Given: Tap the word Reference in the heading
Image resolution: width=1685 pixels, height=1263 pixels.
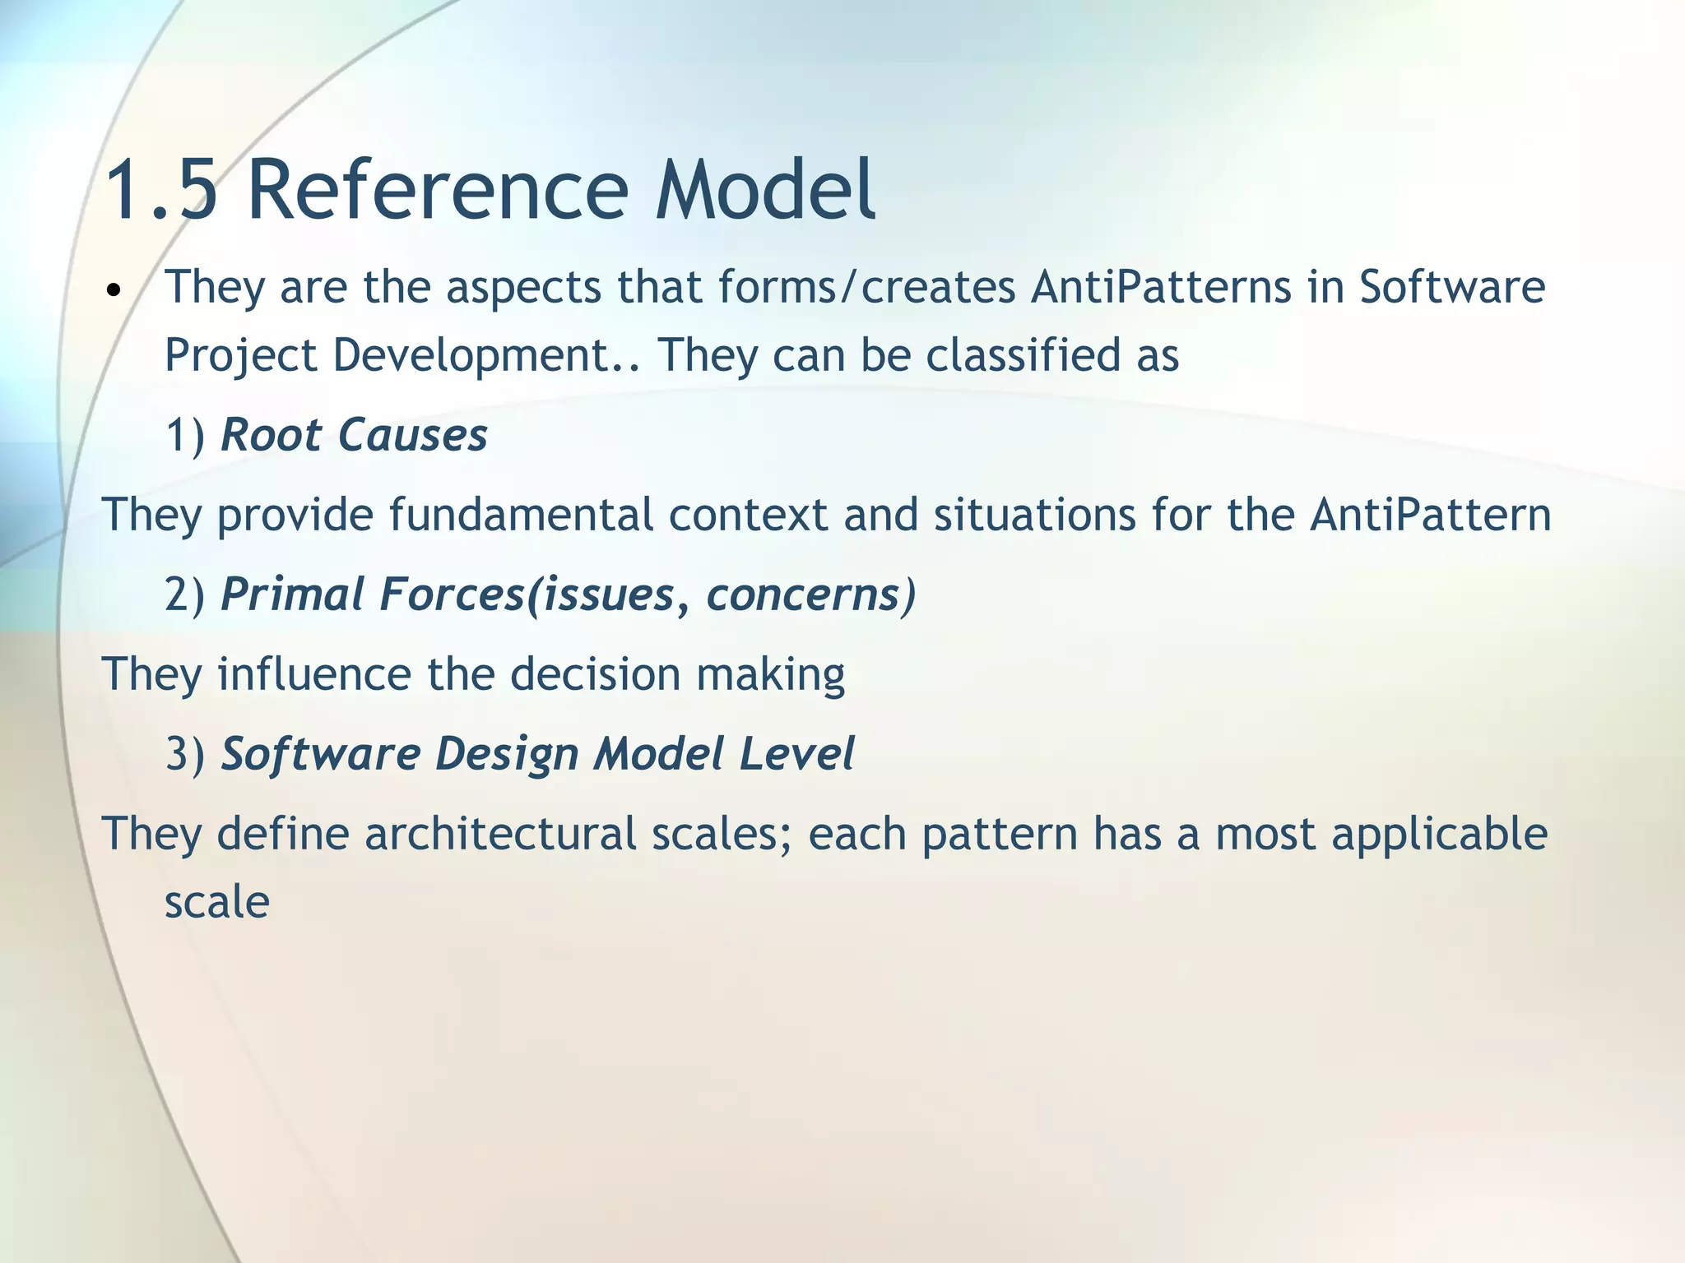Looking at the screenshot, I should pos(437,191).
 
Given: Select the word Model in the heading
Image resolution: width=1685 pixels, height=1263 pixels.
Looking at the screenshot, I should pos(765,191).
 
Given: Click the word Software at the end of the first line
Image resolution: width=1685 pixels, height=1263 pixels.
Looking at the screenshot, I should pos(1451,288).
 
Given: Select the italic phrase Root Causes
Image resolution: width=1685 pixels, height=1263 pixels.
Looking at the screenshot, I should pos(355,435).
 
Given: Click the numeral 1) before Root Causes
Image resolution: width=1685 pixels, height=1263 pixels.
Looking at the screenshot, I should pos(185,435).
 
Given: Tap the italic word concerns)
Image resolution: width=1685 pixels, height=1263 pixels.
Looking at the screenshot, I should pos(811,594).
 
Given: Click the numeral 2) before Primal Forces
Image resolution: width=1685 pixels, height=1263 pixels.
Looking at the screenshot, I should pos(185,594).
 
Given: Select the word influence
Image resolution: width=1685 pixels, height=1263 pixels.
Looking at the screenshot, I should pos(313,674).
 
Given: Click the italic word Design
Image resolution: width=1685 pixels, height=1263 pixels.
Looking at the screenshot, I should pos(507,755).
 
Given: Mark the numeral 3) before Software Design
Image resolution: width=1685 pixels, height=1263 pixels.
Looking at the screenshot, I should pos(185,754).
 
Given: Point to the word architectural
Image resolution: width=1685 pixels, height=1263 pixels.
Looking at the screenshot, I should pos(500,834).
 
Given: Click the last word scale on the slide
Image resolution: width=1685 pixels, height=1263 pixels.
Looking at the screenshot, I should pos(217,903).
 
